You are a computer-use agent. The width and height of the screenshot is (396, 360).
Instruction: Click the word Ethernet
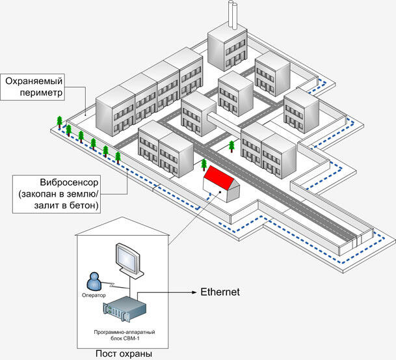coord(220,292)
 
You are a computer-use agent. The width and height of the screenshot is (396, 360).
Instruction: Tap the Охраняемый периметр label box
coord(33,87)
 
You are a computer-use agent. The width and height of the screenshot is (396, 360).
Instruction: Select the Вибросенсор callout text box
coord(57,194)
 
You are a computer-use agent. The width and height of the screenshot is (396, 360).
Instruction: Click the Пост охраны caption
coord(124,353)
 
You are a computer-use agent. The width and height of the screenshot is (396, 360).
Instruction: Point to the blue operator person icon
coord(94,281)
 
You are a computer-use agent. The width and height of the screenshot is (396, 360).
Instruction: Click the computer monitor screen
coord(127,258)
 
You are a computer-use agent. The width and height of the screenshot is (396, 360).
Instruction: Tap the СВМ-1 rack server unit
coord(125,309)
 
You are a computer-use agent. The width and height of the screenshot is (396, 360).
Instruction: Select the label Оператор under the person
coord(94,295)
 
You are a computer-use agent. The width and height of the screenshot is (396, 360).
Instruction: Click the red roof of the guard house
coord(219,178)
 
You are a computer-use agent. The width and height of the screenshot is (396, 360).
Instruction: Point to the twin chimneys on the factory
coord(233,14)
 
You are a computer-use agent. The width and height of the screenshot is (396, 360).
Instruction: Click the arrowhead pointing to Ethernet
coord(194,292)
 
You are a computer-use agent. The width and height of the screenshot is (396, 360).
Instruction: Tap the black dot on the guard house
coord(220,192)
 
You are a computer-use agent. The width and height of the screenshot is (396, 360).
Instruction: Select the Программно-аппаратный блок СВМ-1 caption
coord(124,335)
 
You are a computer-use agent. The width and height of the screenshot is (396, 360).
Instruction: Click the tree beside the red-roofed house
coord(204,165)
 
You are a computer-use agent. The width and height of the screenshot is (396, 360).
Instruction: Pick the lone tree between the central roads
coord(231,146)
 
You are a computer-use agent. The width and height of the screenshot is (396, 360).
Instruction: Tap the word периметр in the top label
coord(41,92)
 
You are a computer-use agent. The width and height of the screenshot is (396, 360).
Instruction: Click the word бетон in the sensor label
coord(82,205)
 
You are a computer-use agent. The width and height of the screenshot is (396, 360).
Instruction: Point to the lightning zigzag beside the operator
coord(111,285)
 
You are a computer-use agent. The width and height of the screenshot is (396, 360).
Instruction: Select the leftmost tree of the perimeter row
coord(60,122)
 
